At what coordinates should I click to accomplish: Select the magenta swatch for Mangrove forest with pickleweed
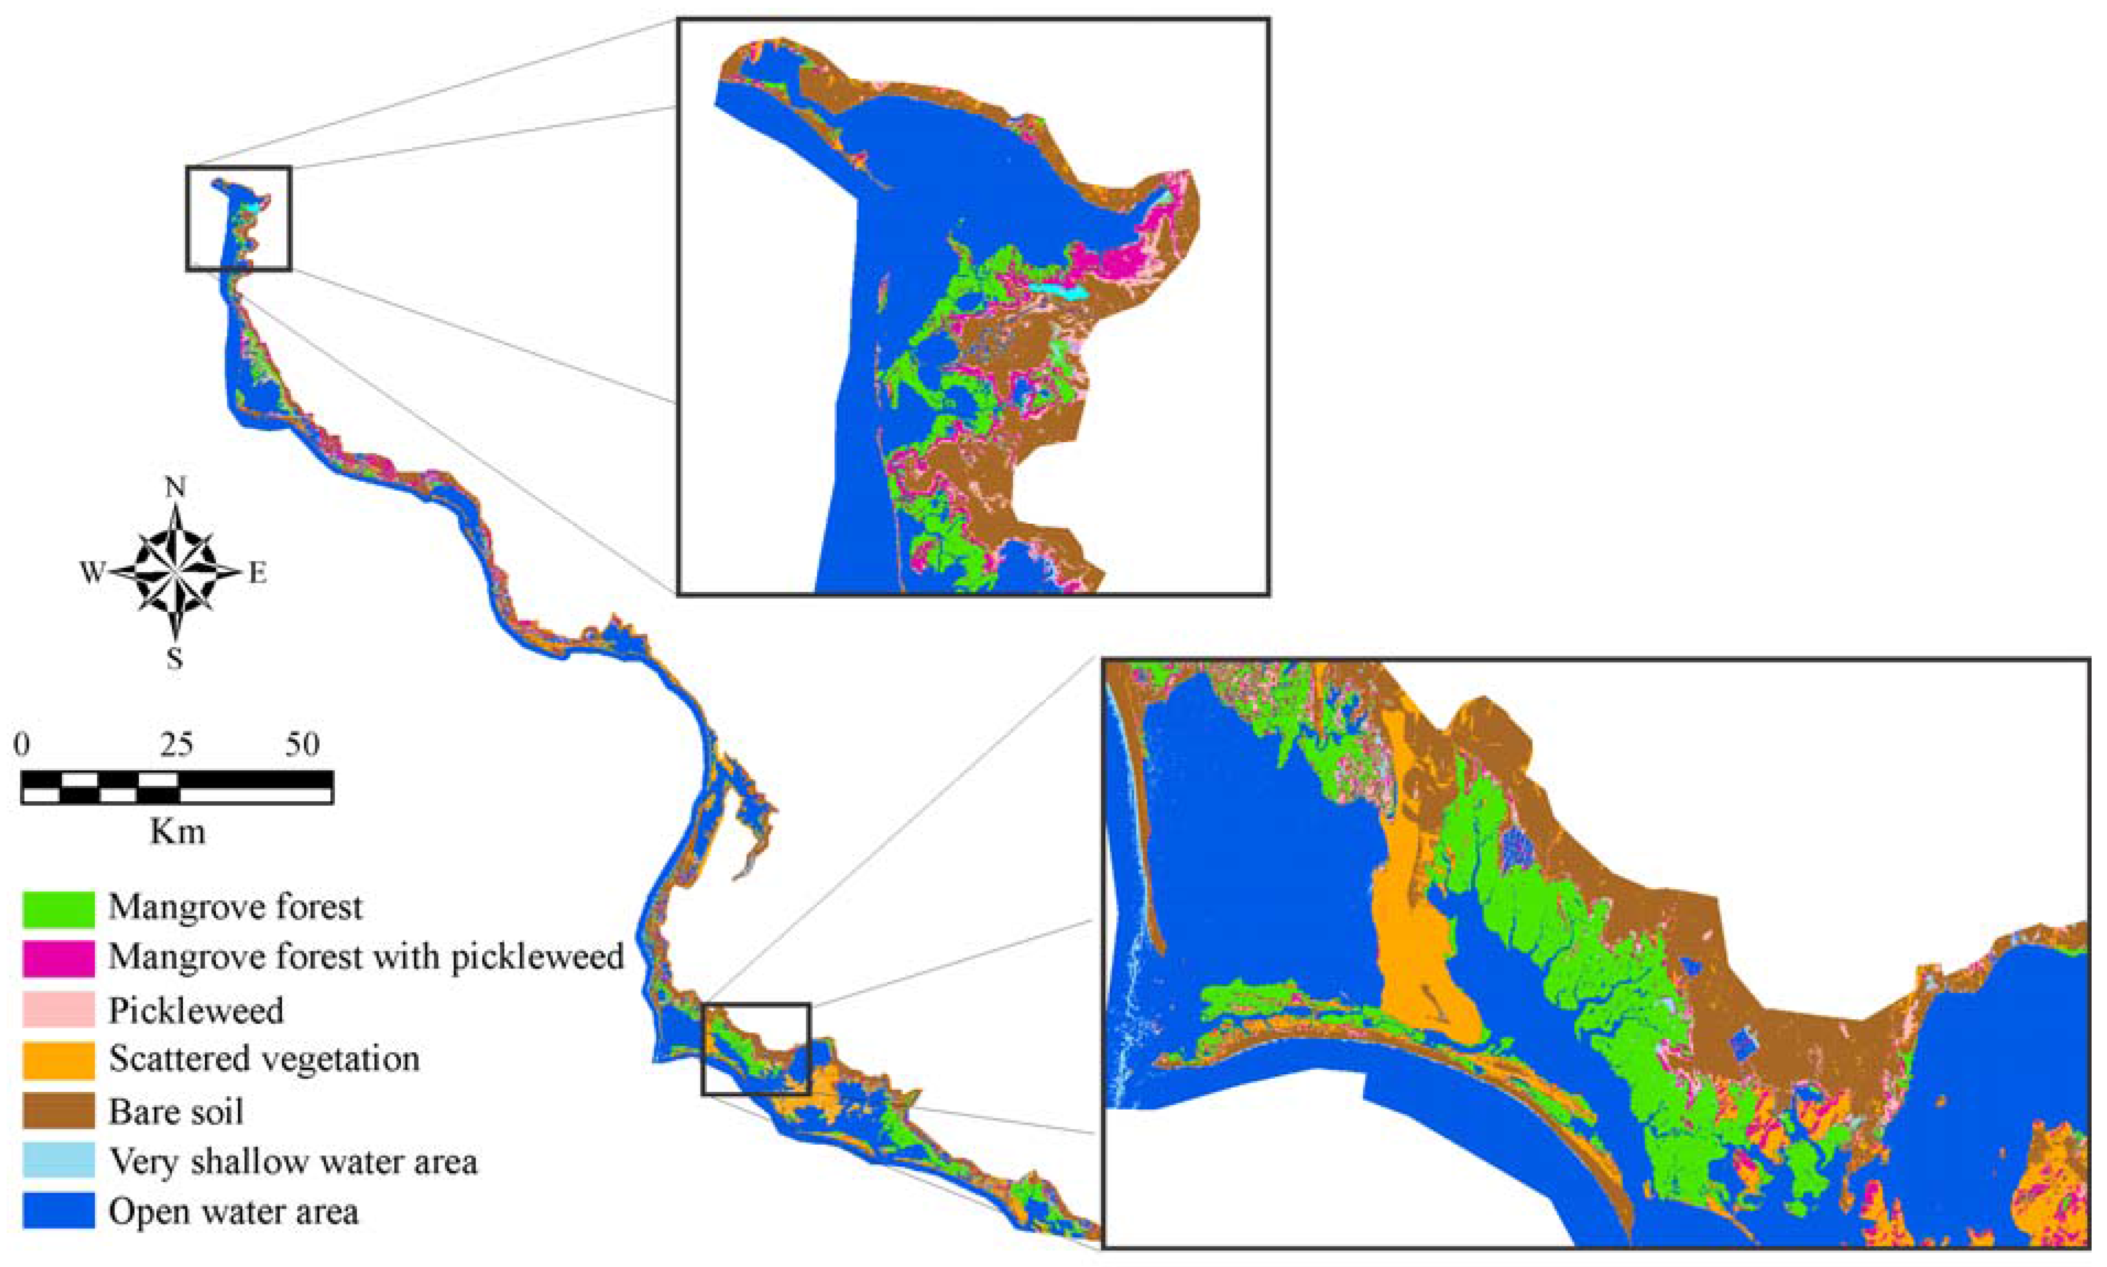pyautogui.click(x=58, y=958)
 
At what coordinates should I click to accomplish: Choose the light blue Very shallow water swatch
pyautogui.click(x=58, y=1161)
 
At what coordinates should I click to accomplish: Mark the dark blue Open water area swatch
pyautogui.click(x=58, y=1211)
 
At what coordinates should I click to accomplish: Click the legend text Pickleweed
pyautogui.click(x=195, y=1011)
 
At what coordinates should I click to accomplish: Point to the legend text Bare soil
pyautogui.click(x=176, y=1112)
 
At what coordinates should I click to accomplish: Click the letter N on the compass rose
pyautogui.click(x=176, y=487)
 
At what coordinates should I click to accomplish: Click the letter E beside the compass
pyautogui.click(x=257, y=574)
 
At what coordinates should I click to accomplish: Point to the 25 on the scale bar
pyautogui.click(x=177, y=746)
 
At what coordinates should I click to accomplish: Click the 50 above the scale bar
pyautogui.click(x=302, y=746)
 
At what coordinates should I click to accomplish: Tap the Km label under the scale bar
pyautogui.click(x=177, y=831)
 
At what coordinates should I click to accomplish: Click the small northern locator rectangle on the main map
pyautogui.click(x=239, y=219)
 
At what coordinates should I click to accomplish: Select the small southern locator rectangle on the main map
pyautogui.click(x=755, y=1050)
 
